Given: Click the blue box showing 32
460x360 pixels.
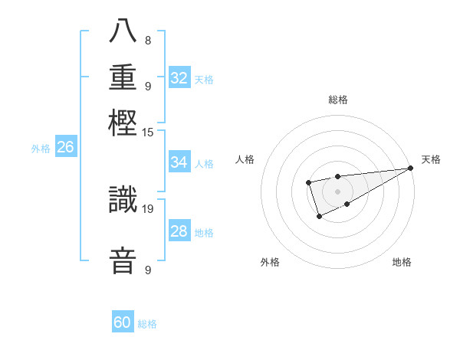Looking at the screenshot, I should tap(179, 78).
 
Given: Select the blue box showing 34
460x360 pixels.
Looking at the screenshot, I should tap(179, 162).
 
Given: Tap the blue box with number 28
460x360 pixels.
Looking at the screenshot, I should tap(179, 231).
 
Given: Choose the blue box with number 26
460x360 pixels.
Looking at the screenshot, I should tap(65, 147).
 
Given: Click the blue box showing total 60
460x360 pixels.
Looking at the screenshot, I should tap(123, 322).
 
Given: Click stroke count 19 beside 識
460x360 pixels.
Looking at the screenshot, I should tap(148, 208).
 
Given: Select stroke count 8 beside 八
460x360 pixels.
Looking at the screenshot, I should tap(148, 41).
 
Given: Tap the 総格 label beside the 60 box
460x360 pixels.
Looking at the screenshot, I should tap(147, 324).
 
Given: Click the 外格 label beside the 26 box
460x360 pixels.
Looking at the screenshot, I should tap(41, 149).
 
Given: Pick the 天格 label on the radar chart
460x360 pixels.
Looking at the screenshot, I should tap(431, 159).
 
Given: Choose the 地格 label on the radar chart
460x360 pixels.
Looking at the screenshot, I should tap(402, 263).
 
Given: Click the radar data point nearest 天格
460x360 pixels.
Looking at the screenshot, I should tap(410, 168).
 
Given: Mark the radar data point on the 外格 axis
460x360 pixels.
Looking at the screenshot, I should tap(319, 217).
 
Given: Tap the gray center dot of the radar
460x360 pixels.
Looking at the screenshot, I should tap(337, 191).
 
